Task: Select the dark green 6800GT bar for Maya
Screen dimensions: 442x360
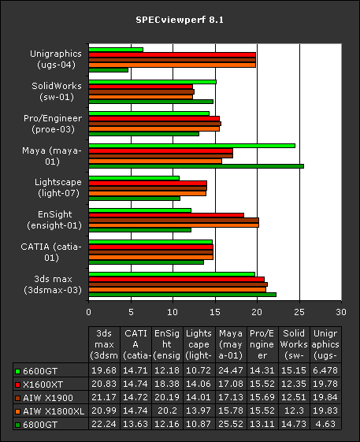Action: click(196, 166)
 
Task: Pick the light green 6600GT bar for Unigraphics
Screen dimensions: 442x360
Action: click(116, 50)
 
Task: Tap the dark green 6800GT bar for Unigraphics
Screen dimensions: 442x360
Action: click(108, 70)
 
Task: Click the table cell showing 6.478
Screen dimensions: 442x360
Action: click(325, 370)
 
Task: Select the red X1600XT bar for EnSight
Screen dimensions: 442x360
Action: click(166, 215)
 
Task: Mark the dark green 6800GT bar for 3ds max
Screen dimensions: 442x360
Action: click(182, 294)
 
